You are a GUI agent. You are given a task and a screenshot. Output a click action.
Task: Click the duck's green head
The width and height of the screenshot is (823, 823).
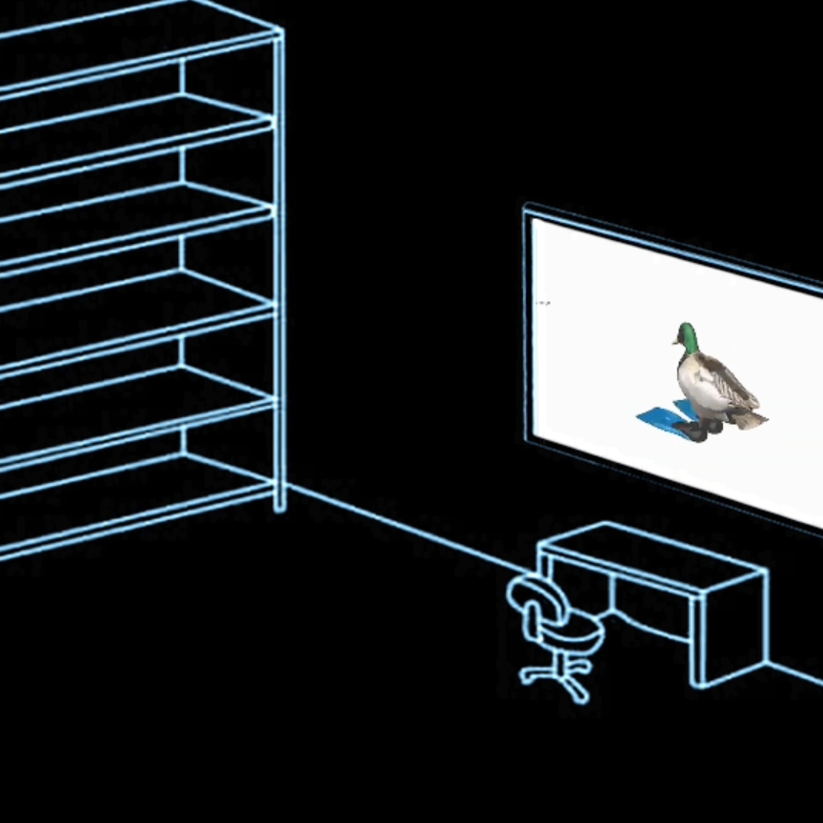[686, 334]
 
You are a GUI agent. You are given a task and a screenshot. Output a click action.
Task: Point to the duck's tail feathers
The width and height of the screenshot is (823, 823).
[753, 416]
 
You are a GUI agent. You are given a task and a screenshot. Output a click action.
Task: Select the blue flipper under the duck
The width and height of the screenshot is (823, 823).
[663, 419]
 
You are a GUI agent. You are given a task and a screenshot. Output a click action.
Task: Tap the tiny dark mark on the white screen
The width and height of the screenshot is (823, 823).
[543, 303]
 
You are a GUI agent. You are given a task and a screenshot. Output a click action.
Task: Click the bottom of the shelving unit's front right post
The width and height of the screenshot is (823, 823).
[280, 505]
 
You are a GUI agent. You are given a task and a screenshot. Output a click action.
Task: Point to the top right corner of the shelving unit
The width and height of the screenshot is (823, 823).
[279, 32]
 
